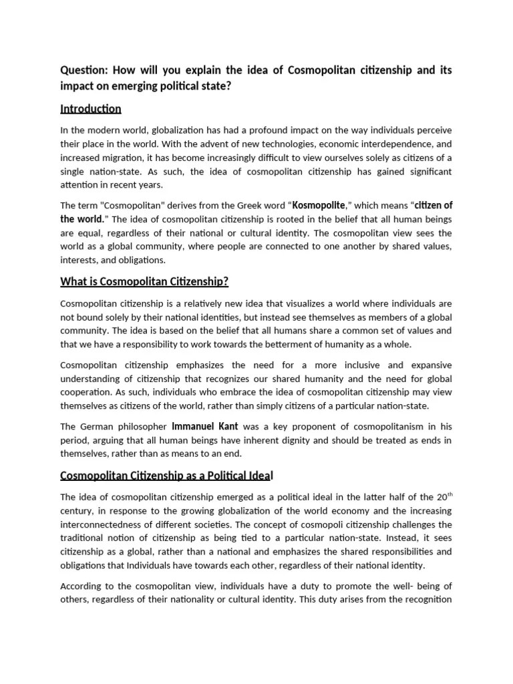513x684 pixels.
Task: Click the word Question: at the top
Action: pos(83,70)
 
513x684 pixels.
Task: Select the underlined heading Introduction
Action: pos(90,108)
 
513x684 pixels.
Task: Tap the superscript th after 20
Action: pos(449,494)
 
